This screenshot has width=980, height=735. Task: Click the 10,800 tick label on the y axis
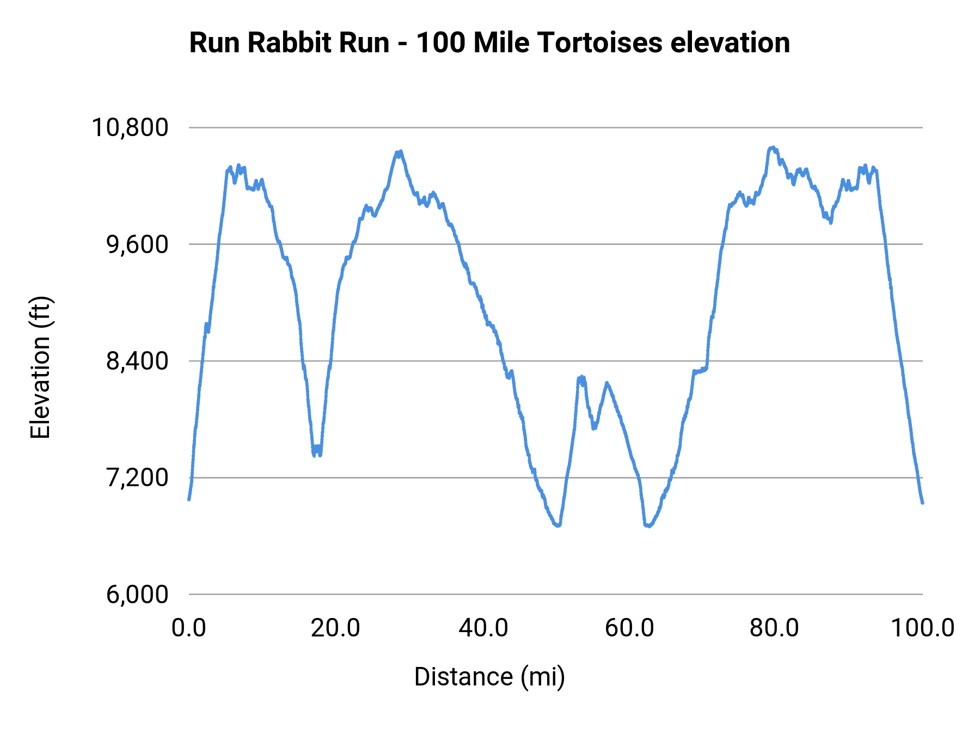(x=130, y=128)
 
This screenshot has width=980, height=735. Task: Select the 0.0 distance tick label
(x=188, y=628)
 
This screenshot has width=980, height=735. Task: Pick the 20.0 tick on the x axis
(x=335, y=628)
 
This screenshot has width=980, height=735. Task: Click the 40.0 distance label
(x=483, y=628)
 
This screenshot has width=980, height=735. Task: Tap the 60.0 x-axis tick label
(x=629, y=628)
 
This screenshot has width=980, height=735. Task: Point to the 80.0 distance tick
(x=774, y=628)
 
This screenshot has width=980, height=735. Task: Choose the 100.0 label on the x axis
(x=922, y=628)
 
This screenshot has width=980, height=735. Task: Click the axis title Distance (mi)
(x=489, y=677)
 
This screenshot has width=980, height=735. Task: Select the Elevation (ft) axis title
(x=40, y=367)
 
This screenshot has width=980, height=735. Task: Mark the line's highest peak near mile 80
(x=772, y=148)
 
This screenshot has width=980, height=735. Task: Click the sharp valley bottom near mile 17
(x=314, y=455)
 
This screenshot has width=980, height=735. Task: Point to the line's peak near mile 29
(x=400, y=152)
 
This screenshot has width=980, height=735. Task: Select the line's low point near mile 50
(x=558, y=525)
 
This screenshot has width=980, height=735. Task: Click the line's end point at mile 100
(x=922, y=503)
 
